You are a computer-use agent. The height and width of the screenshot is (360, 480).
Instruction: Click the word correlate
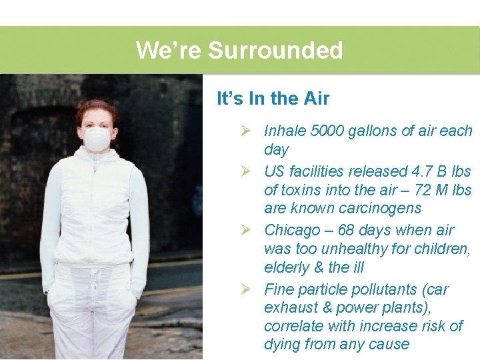coord(293,327)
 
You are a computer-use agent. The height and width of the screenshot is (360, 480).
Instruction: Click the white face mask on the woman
coord(97,139)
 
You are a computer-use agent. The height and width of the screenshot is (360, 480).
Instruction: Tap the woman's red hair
coord(95,108)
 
